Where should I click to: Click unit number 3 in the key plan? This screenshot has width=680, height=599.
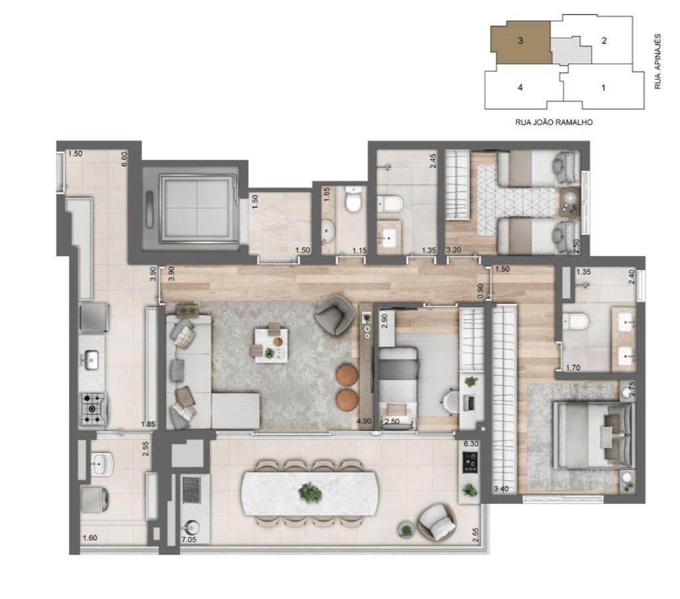pos(521,41)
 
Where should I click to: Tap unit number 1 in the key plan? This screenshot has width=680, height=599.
pos(603,87)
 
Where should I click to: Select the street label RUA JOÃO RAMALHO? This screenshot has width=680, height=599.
pos(553,122)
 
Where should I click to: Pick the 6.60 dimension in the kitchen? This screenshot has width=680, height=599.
pos(124,159)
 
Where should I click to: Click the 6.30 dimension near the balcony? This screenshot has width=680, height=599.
pos(471,444)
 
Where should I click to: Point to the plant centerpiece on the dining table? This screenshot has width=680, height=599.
pos(309,492)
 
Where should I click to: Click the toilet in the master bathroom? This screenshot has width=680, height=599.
pos(575,322)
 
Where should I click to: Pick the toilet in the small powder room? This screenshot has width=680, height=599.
pos(353,200)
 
